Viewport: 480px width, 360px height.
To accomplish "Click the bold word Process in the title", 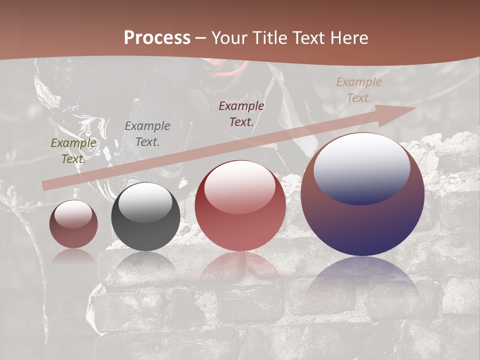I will (157, 38).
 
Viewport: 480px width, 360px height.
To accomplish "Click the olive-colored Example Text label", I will (73, 151).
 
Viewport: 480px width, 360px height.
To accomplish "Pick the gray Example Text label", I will (147, 134).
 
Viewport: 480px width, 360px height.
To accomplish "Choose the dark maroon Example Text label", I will (241, 114).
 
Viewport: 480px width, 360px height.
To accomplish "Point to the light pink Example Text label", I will (359, 90).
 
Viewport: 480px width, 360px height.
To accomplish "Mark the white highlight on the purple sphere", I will (361, 167).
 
